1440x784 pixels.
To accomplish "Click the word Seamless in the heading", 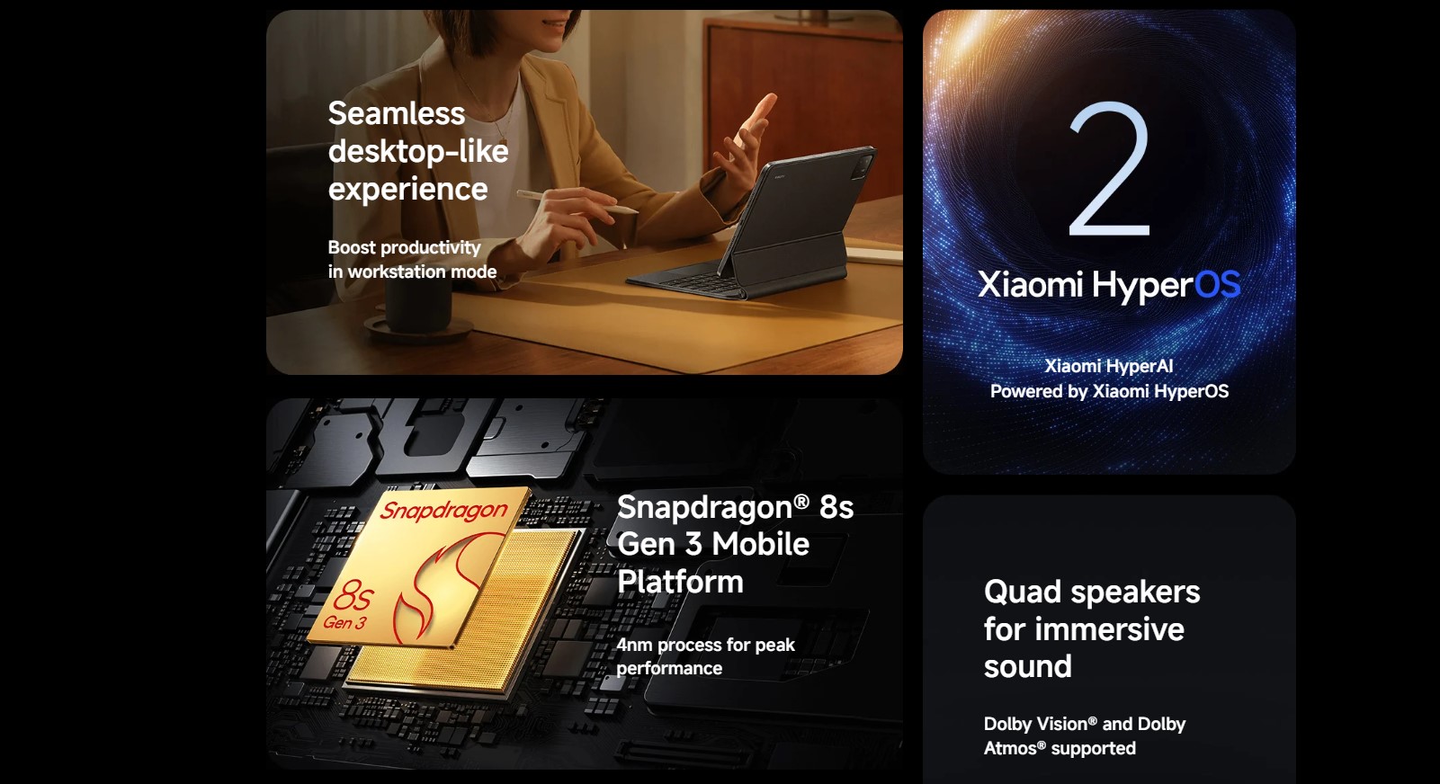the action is [x=396, y=114].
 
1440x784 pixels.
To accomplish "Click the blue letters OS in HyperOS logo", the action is [x=1217, y=283].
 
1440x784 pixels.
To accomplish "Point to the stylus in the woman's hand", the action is [x=577, y=201].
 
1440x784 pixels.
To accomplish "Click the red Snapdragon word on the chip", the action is [x=444, y=510].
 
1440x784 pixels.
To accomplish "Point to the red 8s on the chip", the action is [x=353, y=595].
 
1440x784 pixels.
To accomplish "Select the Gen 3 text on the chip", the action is [x=344, y=622].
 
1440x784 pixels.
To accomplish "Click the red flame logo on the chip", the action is [x=437, y=587].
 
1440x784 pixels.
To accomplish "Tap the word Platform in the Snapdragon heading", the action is [x=680, y=582].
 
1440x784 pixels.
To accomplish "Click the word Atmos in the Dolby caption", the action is [x=1012, y=748].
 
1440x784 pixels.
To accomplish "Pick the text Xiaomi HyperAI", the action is [x=1109, y=366].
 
